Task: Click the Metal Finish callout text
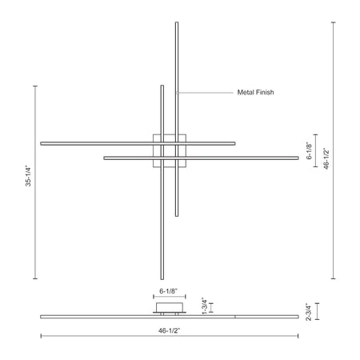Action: pos(255,92)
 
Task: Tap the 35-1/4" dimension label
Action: pos(28,176)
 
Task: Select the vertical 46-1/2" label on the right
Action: pos(326,158)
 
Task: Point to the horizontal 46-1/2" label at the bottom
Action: pos(170,330)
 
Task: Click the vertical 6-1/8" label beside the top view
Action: pos(309,151)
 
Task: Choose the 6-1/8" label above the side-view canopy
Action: pos(169,291)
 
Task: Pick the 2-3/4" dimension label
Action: pos(309,312)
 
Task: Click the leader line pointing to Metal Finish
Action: pos(206,93)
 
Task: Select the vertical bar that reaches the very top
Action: pos(177,119)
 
